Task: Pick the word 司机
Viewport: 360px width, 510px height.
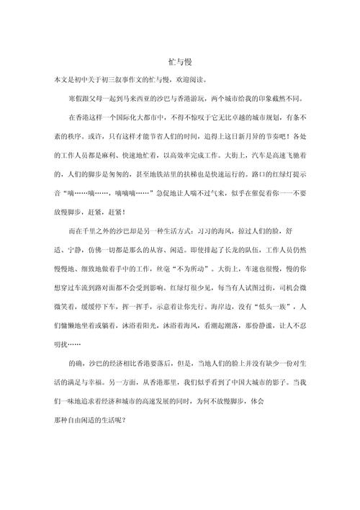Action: [269, 287]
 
